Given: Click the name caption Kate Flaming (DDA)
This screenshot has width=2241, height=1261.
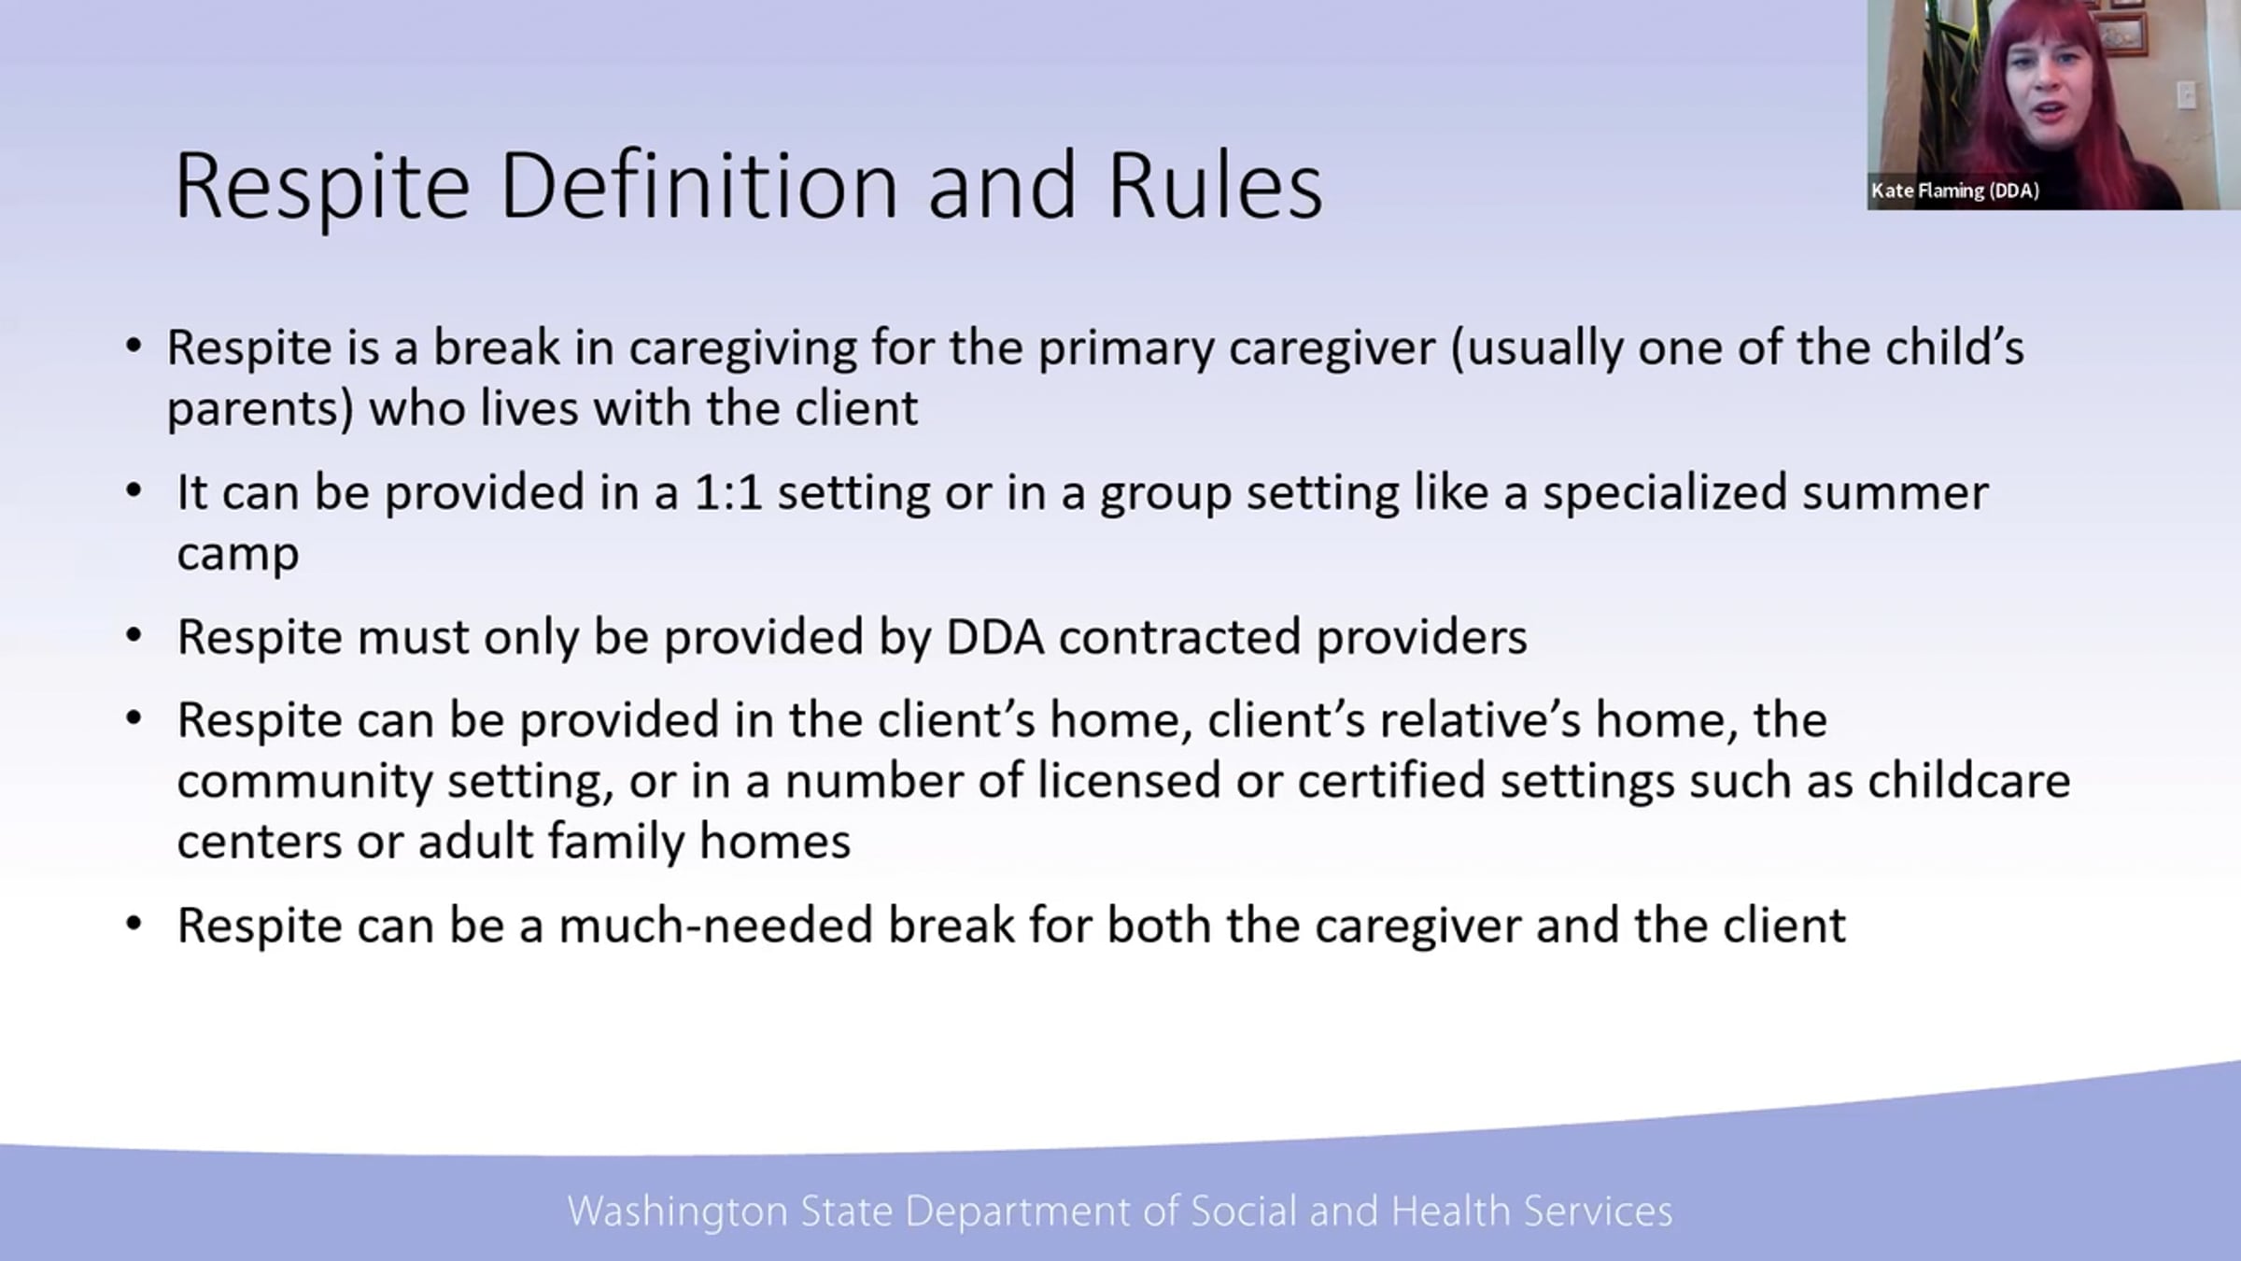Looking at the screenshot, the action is [x=1955, y=191].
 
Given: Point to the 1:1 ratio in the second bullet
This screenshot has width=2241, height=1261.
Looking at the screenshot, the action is [x=728, y=492].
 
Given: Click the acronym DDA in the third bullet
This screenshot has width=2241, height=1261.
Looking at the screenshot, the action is [x=994, y=637].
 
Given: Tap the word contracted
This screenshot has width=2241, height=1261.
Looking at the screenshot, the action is [x=1179, y=637].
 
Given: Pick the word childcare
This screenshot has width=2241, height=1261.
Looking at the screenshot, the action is [x=1968, y=781].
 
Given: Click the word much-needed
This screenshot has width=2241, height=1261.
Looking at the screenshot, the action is [x=715, y=925].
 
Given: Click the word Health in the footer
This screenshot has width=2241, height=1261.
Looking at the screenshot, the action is [x=1450, y=1211].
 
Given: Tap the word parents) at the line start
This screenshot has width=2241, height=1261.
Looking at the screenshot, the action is [x=261, y=409].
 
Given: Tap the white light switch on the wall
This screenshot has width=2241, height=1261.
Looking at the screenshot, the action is [x=2186, y=94].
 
